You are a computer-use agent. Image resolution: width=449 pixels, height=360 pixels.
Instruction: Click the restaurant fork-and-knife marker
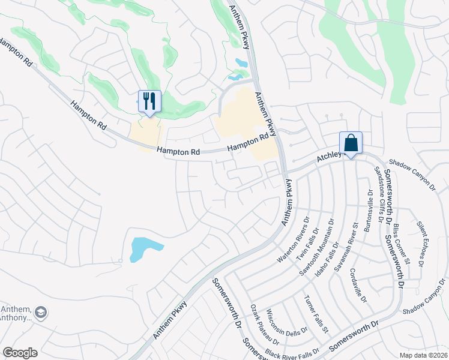pyautogui.click(x=149, y=101)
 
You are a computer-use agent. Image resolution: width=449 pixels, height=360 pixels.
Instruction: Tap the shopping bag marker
pyautogui.click(x=351, y=143)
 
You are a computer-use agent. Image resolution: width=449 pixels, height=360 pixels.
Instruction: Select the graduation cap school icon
pyautogui.click(x=41, y=312)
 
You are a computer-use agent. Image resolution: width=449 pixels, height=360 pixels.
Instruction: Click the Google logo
pyautogui.click(x=20, y=353)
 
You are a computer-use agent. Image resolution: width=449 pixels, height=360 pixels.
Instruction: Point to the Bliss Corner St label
pyautogui.click(x=402, y=244)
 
